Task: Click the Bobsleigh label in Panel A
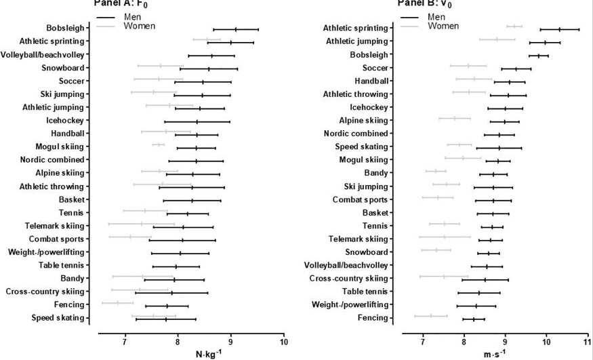(65, 29)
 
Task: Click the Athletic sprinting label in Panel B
(355, 28)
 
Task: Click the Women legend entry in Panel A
(139, 26)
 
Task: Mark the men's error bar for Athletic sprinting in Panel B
(559, 29)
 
